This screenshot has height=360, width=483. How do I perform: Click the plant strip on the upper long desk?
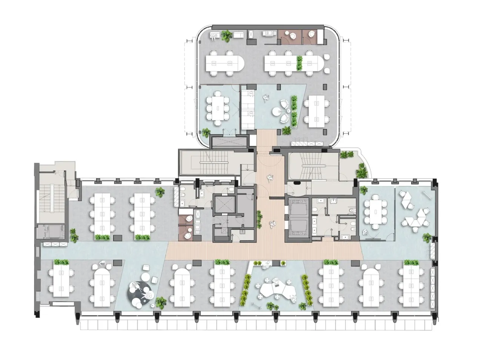(300, 63)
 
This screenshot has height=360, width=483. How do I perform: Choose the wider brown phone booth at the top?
(291, 36)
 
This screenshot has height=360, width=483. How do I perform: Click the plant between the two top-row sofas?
(226, 35)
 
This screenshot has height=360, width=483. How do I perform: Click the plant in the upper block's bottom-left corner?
(206, 132)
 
